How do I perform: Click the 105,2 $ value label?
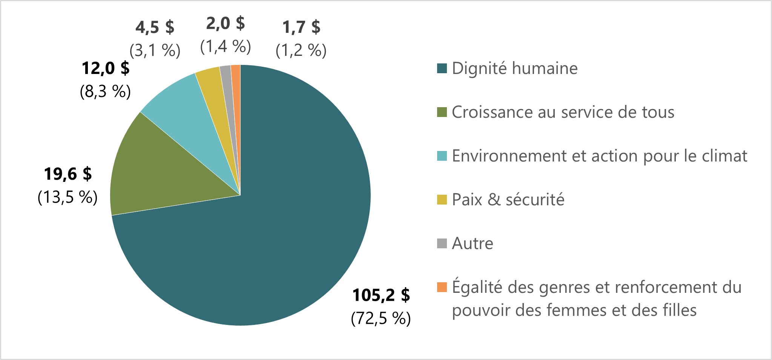381,295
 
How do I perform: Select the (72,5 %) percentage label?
381,318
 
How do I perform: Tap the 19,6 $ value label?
68,174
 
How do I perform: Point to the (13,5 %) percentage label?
68,197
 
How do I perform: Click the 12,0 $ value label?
106,68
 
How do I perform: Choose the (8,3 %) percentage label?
106,91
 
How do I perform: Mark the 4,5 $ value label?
155,27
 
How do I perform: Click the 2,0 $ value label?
226,23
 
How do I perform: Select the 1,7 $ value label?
301,27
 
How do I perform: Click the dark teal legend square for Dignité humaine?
442,68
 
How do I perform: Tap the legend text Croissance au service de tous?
563,112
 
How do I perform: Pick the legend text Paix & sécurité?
508,200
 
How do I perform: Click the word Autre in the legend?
473,243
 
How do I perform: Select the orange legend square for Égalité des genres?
442,287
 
